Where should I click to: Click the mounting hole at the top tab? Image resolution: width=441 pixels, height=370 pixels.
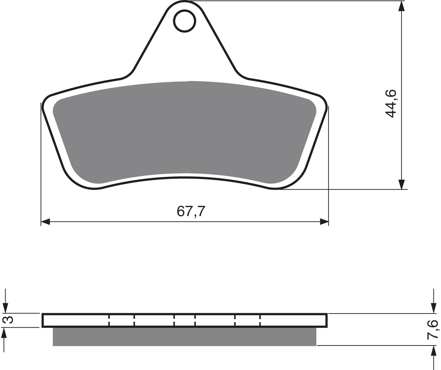point(185,21)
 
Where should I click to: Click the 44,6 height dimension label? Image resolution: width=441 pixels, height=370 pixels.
point(391,104)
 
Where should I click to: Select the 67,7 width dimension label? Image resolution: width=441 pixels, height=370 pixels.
point(191,211)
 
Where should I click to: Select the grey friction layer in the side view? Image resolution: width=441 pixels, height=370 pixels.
point(184,337)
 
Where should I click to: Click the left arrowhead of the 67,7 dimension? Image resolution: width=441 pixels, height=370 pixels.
point(45,222)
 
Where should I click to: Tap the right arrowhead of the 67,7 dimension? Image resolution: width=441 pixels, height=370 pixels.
point(324,222)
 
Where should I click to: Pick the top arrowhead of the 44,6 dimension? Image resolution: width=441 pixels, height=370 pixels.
point(402,6)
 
